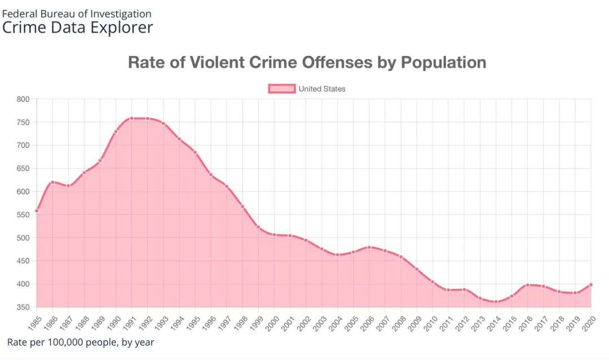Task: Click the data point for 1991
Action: coord(131,118)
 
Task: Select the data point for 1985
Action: coord(37,210)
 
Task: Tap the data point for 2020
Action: coord(590,284)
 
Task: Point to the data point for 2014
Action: coord(496,301)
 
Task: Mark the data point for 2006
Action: coord(369,247)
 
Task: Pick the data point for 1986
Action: coord(52,182)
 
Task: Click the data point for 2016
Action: coord(527,285)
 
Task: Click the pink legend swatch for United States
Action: coord(281,89)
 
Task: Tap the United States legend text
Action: coord(322,89)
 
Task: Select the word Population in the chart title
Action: coord(443,62)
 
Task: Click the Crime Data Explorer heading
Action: coord(77,27)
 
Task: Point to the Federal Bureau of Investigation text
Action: coord(77,14)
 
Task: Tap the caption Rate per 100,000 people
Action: coord(80,342)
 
